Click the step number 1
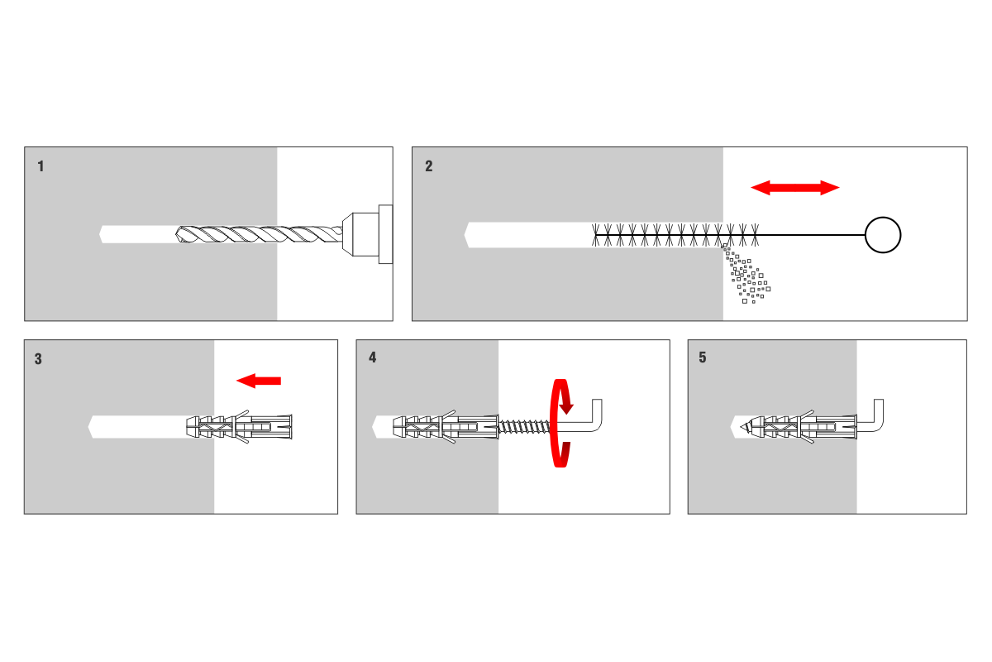pyautogui.click(x=41, y=166)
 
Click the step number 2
pyautogui.click(x=428, y=166)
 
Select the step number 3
pyautogui.click(x=39, y=359)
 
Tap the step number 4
pyautogui.click(x=372, y=358)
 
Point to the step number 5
pyautogui.click(x=703, y=358)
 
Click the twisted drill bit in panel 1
pyautogui.click(x=256, y=235)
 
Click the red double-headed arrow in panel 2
pyautogui.click(x=794, y=188)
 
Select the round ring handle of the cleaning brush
pyautogui.click(x=882, y=235)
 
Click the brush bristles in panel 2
pyautogui.click(x=674, y=235)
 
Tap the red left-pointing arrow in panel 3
pyautogui.click(x=259, y=381)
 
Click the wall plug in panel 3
pyautogui.click(x=240, y=426)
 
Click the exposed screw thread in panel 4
pyautogui.click(x=524, y=426)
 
